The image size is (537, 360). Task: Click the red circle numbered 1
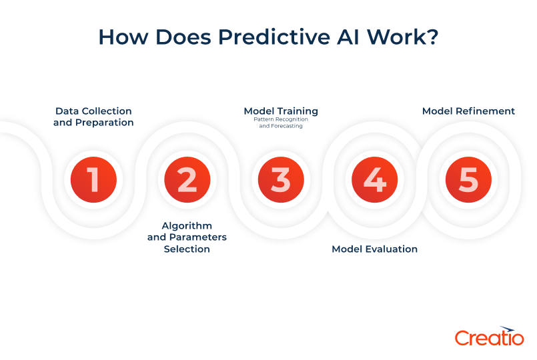[94, 179]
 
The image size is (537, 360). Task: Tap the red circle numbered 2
[187, 179]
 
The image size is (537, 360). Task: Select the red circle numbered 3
[281, 179]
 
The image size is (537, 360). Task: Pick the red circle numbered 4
[375, 179]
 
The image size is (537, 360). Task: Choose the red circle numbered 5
[468, 179]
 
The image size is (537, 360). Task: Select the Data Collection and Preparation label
[93, 117]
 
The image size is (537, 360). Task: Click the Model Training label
[281, 111]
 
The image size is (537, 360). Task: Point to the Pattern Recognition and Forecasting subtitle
[281, 123]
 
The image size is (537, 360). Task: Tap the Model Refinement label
[468, 111]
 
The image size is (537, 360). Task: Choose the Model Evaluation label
[374, 249]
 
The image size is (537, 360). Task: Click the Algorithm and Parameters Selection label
[187, 237]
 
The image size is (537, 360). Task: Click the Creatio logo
[489, 337]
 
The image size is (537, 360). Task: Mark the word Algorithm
[187, 225]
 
